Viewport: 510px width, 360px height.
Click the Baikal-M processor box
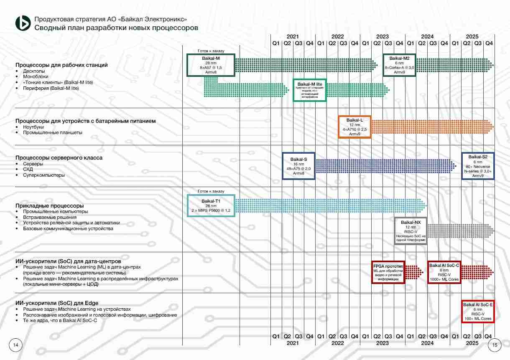click(x=211, y=65)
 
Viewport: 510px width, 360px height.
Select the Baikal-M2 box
click(x=399, y=65)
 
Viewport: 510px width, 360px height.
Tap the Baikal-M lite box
click(x=310, y=90)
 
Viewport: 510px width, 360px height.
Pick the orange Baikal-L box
click(x=354, y=127)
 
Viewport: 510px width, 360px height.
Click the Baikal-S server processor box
click(x=298, y=166)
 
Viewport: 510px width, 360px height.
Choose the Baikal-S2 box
click(x=478, y=166)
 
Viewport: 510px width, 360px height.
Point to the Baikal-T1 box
click(x=211, y=205)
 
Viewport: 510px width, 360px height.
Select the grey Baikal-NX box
click(x=411, y=231)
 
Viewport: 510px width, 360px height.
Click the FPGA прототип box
click(x=388, y=272)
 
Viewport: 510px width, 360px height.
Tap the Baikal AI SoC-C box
click(x=444, y=272)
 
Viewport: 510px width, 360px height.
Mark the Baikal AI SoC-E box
click(x=477, y=311)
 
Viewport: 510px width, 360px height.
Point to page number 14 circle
click(x=16, y=345)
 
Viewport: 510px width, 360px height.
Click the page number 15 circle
click(x=495, y=345)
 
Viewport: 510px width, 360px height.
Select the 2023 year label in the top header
click(x=382, y=36)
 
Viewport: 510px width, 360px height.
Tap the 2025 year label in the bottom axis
click(x=472, y=343)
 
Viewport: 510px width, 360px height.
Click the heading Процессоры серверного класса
click(x=59, y=158)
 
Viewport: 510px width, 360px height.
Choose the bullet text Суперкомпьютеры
click(x=44, y=175)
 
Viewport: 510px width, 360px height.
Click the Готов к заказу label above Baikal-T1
click(x=211, y=191)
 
